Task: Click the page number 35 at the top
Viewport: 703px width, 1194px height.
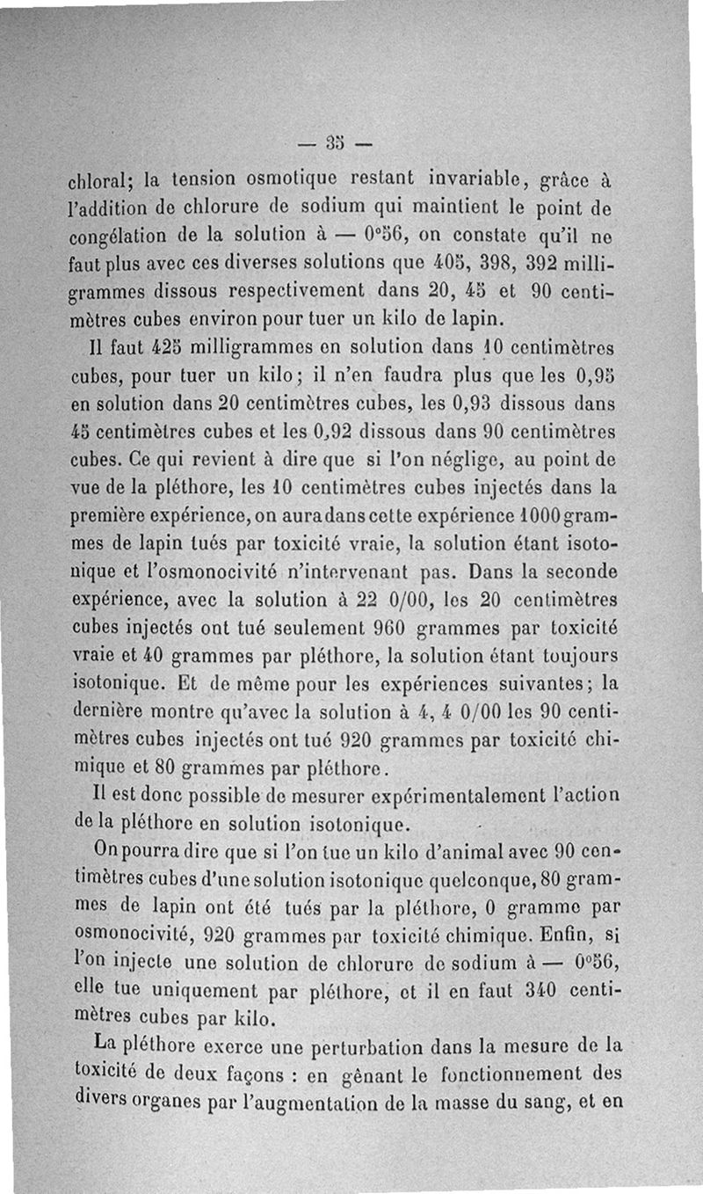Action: pos(336,141)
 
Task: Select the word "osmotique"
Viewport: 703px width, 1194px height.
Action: pos(288,181)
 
